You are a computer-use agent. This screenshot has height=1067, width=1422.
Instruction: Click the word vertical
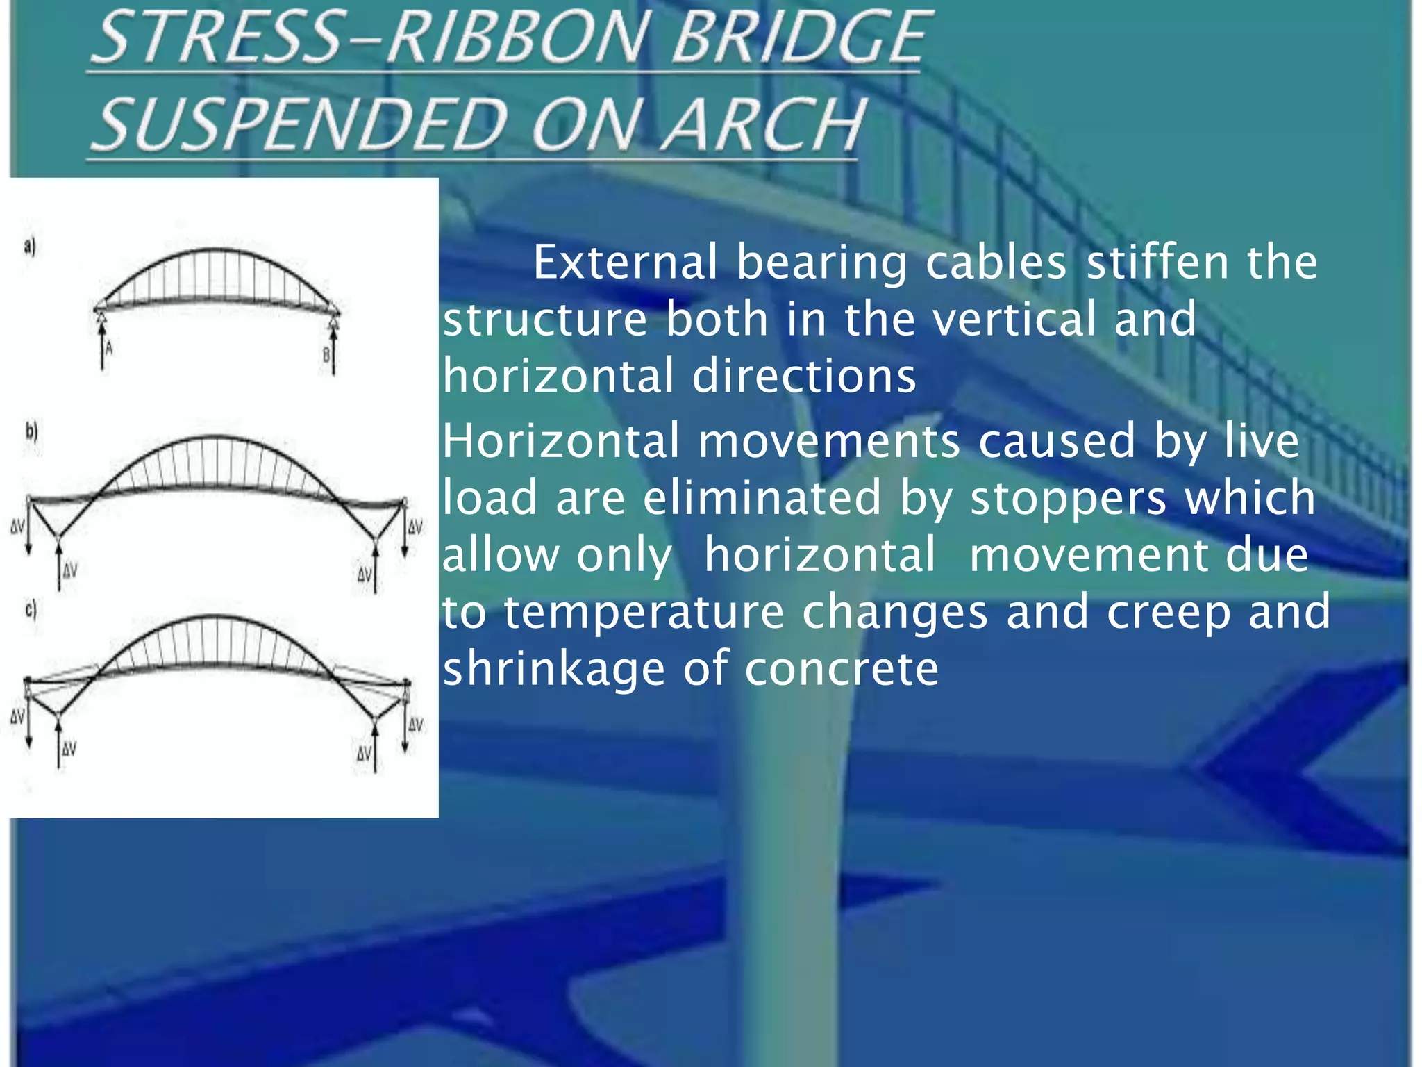click(x=1014, y=320)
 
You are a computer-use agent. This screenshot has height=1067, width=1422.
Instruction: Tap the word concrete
click(x=841, y=669)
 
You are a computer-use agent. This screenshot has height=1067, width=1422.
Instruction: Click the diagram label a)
click(x=29, y=247)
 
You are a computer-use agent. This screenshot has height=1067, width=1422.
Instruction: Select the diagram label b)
click(x=31, y=431)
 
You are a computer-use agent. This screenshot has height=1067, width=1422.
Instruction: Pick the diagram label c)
click(x=31, y=610)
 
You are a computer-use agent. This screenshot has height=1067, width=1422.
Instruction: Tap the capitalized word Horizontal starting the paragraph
click(x=561, y=442)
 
